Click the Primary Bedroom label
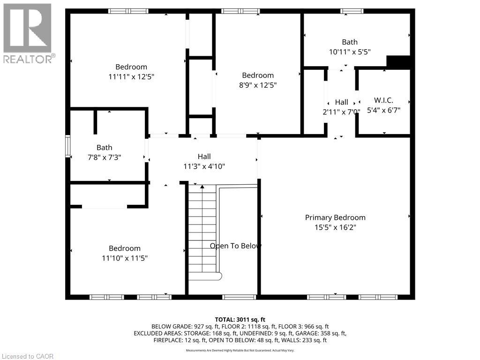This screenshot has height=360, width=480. [x=335, y=217]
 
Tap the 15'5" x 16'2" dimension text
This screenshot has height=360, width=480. [x=335, y=227]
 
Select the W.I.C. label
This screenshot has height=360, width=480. [x=383, y=100]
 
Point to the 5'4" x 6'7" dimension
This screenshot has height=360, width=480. [x=383, y=110]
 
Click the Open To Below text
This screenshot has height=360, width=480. [x=235, y=246]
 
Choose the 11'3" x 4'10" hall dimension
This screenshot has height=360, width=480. [x=204, y=166]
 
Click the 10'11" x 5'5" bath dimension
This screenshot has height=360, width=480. [x=350, y=52]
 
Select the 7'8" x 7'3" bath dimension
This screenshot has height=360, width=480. [x=105, y=157]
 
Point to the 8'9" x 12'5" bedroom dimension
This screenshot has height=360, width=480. [x=258, y=85]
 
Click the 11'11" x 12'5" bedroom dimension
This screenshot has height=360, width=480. [x=131, y=77]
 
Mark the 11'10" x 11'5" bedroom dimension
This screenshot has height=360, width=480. [x=125, y=258]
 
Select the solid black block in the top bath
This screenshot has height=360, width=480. [x=398, y=62]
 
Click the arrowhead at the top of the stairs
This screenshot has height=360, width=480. [x=202, y=187]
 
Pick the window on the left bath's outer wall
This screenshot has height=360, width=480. [x=68, y=146]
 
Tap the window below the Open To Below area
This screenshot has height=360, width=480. [x=239, y=297]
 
